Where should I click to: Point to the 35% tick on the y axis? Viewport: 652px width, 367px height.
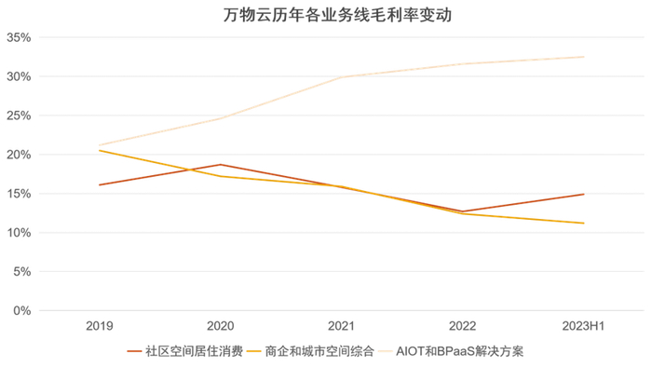(20, 38)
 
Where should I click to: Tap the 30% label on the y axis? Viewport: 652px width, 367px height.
(20, 76)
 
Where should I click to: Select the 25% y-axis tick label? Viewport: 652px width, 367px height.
(20, 116)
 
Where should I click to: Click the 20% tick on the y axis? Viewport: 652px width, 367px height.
(20, 155)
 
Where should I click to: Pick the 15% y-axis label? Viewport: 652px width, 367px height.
(20, 194)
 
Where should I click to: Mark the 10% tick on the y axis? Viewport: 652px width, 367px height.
(20, 233)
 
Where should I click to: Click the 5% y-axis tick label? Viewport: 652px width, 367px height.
(22, 272)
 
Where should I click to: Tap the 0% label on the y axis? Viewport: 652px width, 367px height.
(22, 310)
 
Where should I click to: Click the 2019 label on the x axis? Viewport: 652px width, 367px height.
(100, 326)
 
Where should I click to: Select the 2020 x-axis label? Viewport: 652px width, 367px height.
(221, 326)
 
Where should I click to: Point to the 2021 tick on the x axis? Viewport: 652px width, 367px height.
(342, 326)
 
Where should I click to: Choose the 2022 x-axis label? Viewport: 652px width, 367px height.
(463, 326)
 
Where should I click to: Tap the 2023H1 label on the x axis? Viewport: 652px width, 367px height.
(584, 326)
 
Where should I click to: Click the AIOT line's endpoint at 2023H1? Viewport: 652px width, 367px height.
(584, 57)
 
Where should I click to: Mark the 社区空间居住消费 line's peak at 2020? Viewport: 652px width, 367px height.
(221, 165)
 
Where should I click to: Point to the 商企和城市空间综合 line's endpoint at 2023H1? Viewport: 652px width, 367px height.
(584, 224)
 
